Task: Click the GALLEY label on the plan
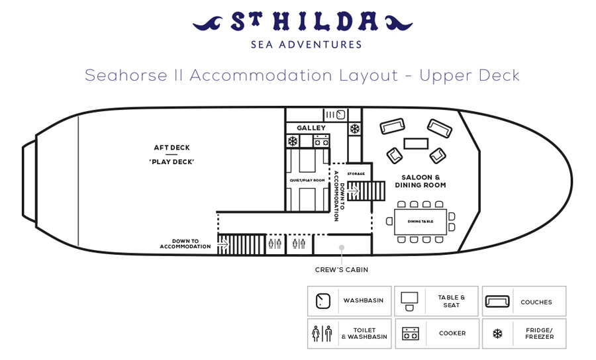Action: (x=311, y=128)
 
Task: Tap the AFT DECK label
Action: (x=172, y=148)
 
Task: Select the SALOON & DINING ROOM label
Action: (x=421, y=181)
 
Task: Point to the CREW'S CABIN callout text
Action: (x=341, y=269)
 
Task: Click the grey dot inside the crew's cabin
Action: (x=342, y=247)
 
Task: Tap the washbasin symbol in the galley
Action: (x=340, y=114)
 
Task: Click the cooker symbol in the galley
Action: (x=321, y=141)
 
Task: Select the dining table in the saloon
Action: (x=421, y=222)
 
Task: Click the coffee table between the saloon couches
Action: (x=416, y=144)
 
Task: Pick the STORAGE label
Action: (x=356, y=173)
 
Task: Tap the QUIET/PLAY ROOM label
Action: (x=307, y=181)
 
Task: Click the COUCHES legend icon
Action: (x=497, y=302)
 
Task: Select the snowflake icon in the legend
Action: (x=497, y=334)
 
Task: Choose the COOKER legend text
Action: (x=452, y=333)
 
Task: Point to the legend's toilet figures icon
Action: (x=322, y=334)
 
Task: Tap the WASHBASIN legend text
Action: (x=364, y=300)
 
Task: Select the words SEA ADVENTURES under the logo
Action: (x=307, y=44)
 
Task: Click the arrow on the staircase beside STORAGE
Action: (x=354, y=190)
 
